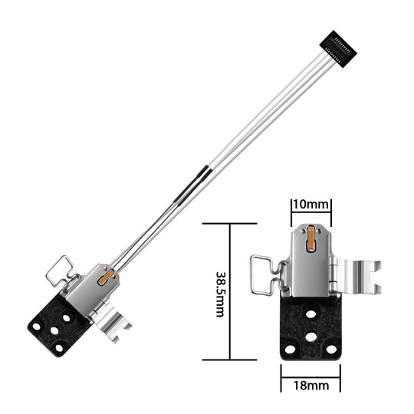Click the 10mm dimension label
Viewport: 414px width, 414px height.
(x=310, y=205)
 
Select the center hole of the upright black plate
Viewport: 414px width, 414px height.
(x=310, y=335)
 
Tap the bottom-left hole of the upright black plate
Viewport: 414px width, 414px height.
(x=290, y=349)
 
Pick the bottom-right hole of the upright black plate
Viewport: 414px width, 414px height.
(x=331, y=349)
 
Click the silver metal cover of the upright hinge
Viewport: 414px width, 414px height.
(x=310, y=268)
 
